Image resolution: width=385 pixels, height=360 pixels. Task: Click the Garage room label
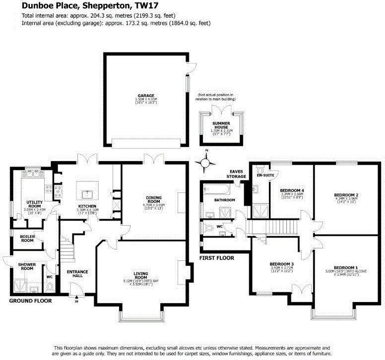point(146,96)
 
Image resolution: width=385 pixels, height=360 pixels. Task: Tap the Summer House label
point(221,124)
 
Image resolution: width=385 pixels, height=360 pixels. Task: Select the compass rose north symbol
point(206,161)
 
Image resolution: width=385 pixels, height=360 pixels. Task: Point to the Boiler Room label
point(27,238)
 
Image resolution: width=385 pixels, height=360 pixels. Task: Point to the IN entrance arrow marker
point(76,299)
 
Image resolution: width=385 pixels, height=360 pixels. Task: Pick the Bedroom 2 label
point(346,195)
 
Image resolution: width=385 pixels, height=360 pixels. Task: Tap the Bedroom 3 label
point(282,264)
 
